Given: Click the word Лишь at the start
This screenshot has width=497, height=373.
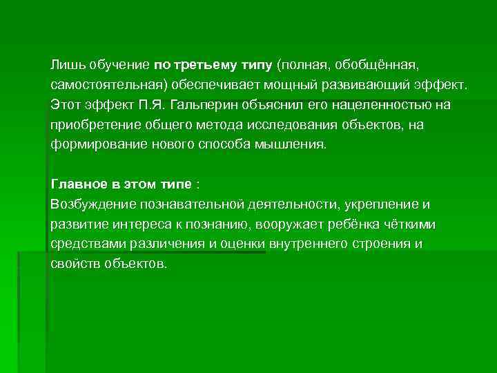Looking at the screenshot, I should pos(64,64).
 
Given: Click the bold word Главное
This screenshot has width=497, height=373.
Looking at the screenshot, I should pos(75,184).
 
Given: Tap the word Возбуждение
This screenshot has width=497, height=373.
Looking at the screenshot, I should pos(93,204).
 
